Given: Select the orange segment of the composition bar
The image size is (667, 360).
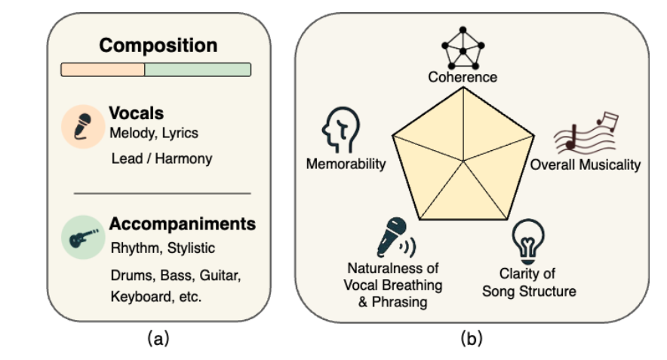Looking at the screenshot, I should coord(103,69).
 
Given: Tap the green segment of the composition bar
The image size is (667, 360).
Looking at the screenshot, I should coord(197,69).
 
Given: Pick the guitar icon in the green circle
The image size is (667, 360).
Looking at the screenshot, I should coord(81,237).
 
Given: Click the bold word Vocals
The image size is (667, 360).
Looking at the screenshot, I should coord(137,114).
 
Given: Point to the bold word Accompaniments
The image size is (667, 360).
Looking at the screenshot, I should coord(183,224).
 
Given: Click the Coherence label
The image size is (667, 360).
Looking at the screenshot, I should coord(463,77).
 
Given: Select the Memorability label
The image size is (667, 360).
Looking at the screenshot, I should coord(346,164).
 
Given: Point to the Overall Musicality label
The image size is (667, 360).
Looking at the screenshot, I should coord(585,165).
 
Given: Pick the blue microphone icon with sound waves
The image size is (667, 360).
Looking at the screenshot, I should coord(393,236).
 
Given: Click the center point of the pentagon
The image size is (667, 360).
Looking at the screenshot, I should coord(463,160).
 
